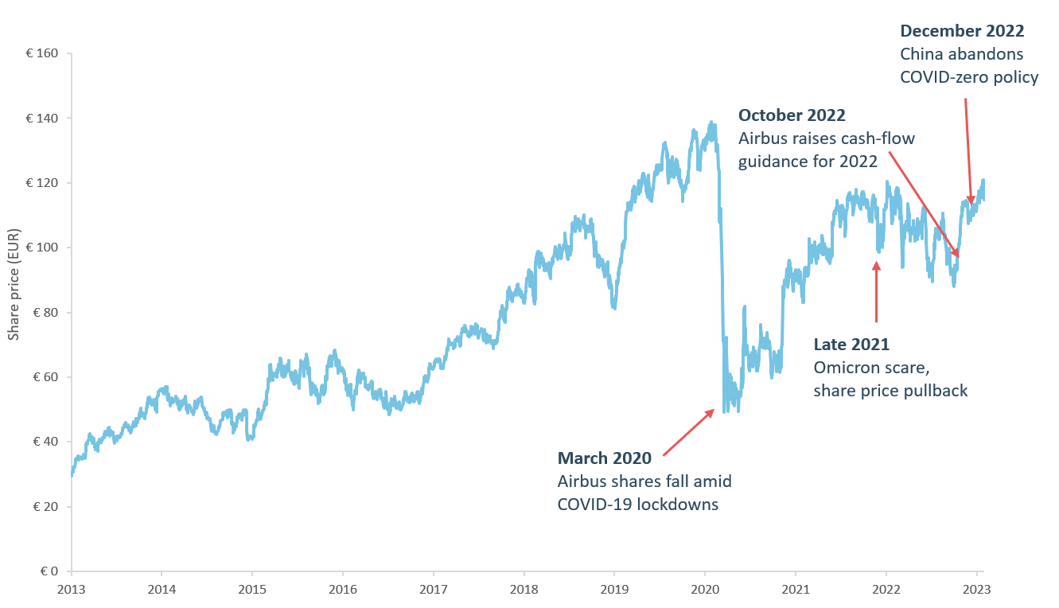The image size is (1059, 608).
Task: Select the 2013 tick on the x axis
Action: tap(71, 589)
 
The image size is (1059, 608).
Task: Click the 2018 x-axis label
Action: tap(524, 589)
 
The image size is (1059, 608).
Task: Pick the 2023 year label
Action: tap(976, 589)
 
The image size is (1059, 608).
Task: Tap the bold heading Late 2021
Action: tap(851, 345)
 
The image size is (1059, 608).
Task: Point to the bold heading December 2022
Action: tap(962, 31)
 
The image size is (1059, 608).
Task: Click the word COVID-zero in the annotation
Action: tap(938, 77)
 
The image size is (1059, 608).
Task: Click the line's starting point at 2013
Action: tap(72, 475)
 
